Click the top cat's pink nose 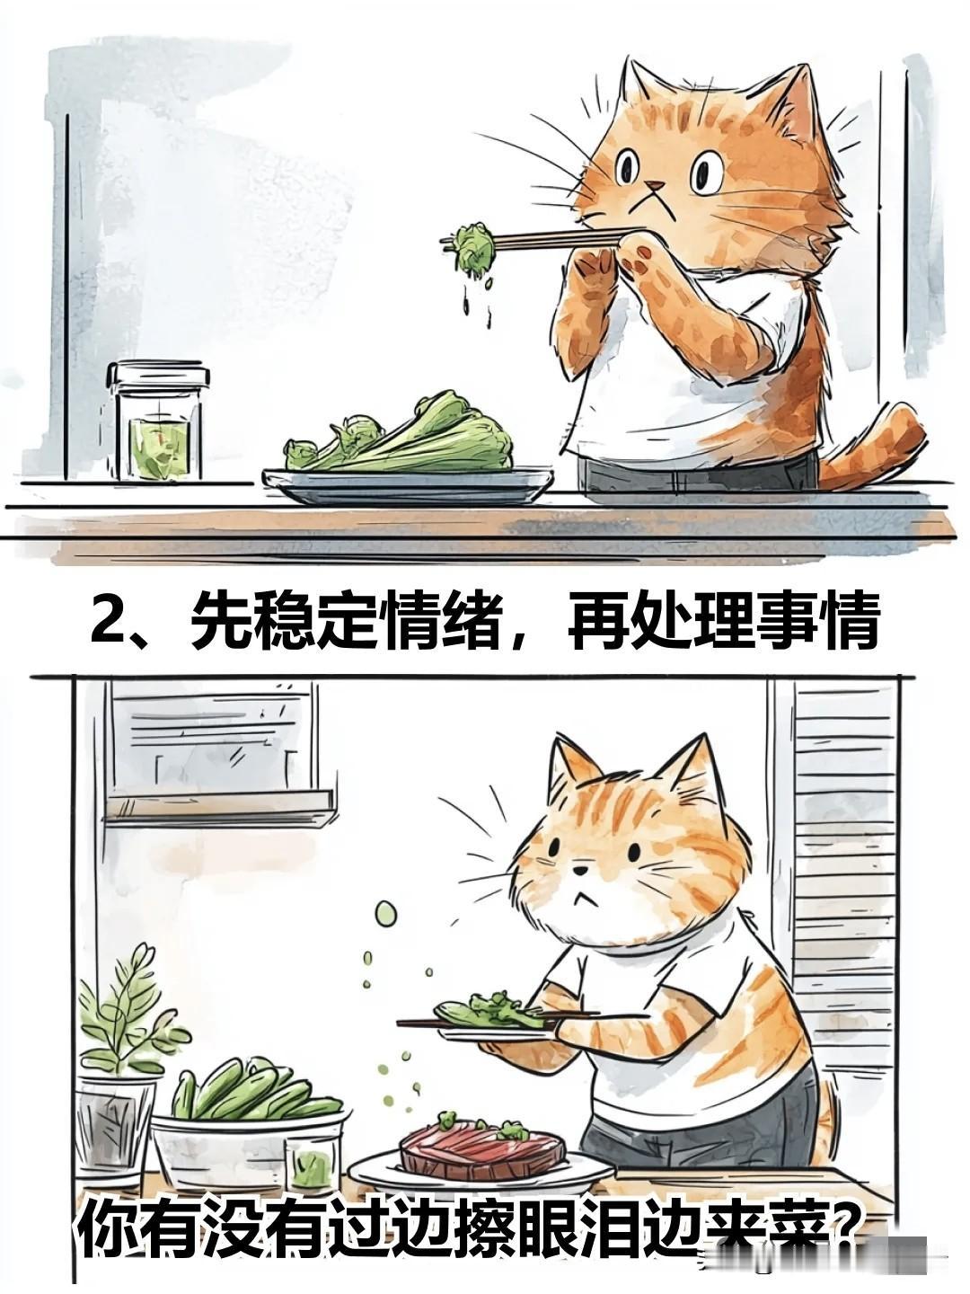(652, 187)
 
